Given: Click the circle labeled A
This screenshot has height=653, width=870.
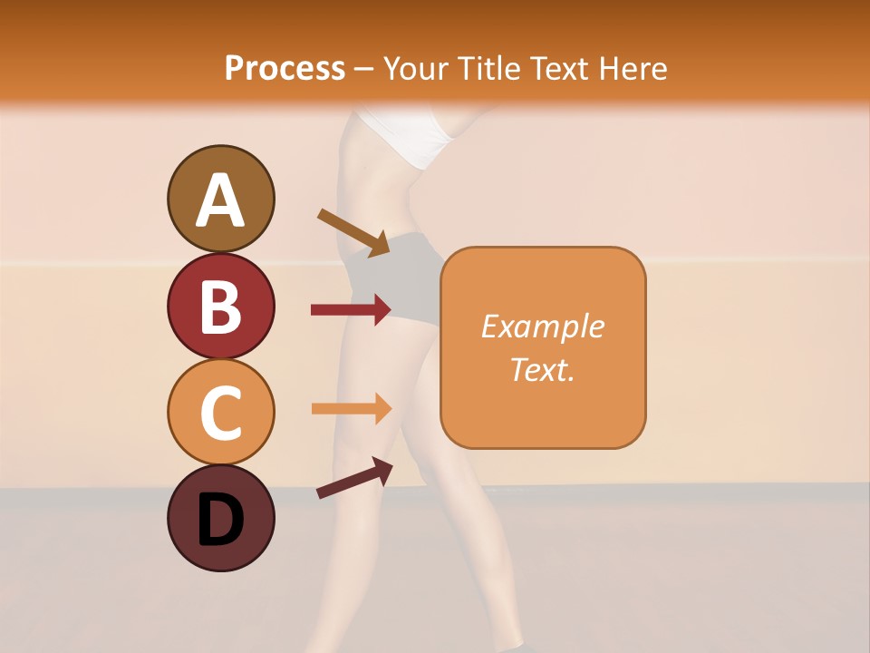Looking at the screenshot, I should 220,199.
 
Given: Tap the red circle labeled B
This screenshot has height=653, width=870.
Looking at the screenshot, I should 220,306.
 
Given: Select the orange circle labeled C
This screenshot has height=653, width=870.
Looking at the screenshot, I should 220,413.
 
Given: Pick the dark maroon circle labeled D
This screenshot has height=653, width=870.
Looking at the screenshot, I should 220,518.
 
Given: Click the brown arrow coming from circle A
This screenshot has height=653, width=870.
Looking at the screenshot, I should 353,232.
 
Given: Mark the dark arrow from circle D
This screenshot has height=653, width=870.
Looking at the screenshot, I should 354,478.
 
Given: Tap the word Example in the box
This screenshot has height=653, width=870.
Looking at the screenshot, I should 543,326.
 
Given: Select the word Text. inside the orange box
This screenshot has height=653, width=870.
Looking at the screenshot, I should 543,369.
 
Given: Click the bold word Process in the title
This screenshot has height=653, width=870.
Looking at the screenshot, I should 285,68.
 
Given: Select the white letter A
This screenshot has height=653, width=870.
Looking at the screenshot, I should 220,200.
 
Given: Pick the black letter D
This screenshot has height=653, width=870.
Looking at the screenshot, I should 220,520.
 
